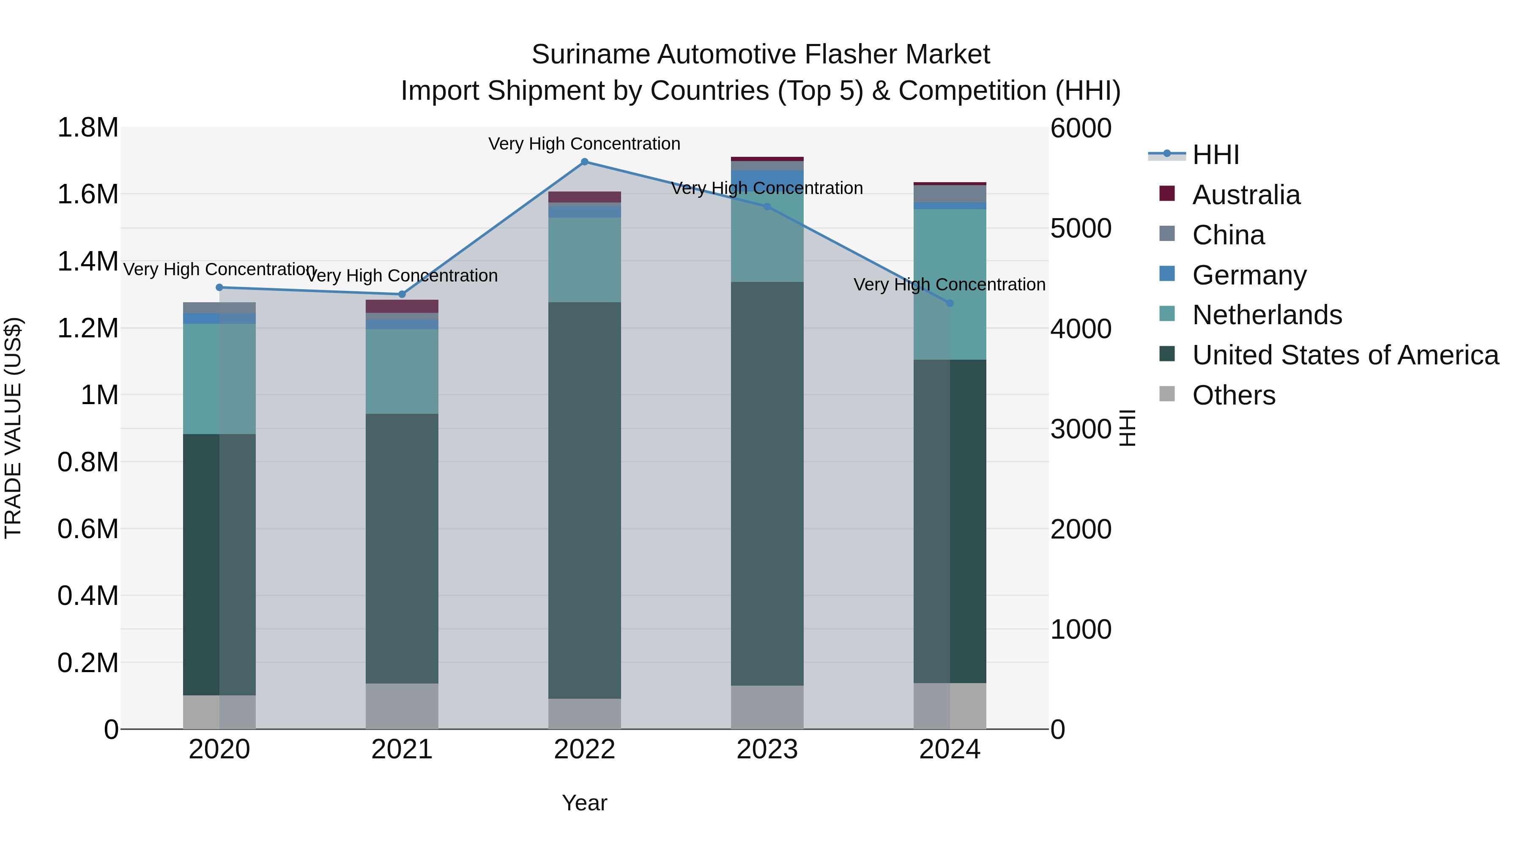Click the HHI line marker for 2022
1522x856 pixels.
[x=584, y=162]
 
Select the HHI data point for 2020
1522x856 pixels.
[x=219, y=288]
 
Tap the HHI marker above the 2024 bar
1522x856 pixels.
[x=950, y=303]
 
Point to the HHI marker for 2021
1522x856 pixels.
[x=402, y=294]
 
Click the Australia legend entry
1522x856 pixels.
[x=1246, y=195]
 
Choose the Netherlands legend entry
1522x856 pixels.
[x=1267, y=315]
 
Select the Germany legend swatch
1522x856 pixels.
[x=1167, y=274]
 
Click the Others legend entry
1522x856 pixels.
[x=1233, y=395]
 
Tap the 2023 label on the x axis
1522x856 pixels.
[x=767, y=749]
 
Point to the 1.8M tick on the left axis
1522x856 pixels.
[x=88, y=128]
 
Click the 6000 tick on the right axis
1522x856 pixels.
[x=1081, y=128]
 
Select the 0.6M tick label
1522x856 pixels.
[x=88, y=529]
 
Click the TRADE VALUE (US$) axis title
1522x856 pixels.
[x=13, y=428]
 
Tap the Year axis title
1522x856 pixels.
[x=584, y=803]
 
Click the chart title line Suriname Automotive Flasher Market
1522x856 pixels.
[x=761, y=55]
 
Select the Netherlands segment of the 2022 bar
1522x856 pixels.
[x=584, y=260]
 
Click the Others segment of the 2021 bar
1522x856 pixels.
[x=402, y=706]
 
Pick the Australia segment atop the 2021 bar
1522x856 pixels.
[x=402, y=306]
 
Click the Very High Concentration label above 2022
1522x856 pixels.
[x=584, y=144]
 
